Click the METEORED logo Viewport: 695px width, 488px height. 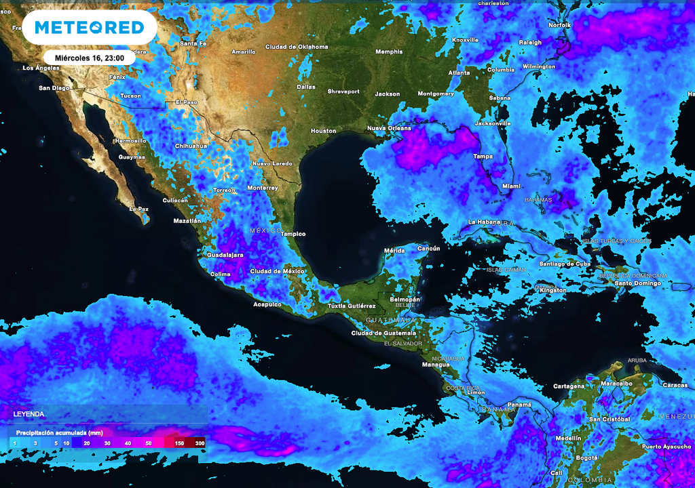point(89,27)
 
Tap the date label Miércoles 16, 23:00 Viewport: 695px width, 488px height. point(89,58)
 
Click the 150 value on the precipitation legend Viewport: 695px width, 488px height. point(179,443)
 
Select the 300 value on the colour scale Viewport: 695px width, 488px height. point(199,443)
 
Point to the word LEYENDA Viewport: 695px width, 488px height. point(29,413)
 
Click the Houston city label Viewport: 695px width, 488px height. point(323,131)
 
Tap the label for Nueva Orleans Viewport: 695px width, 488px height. point(389,128)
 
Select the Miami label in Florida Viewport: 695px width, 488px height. point(511,186)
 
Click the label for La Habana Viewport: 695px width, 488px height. point(485,222)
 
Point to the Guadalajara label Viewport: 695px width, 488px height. point(225,256)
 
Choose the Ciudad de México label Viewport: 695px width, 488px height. point(278,271)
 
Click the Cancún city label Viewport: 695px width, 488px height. point(428,249)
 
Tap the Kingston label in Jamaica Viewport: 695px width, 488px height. point(552,290)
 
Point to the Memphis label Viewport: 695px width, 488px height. point(389,52)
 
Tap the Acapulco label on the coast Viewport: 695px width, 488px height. point(267,304)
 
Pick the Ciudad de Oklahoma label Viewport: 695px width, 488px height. point(297,47)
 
